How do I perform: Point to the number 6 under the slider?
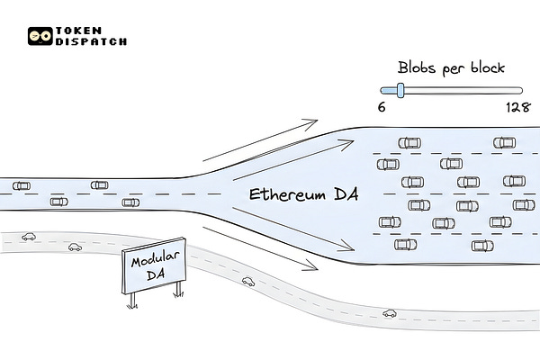[x=382, y=106]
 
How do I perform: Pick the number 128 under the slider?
[x=517, y=106]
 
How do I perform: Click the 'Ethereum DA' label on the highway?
[x=301, y=195]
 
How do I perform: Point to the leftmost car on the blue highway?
[x=20, y=185]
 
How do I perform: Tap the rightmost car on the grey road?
[x=390, y=313]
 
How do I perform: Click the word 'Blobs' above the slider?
[x=417, y=67]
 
